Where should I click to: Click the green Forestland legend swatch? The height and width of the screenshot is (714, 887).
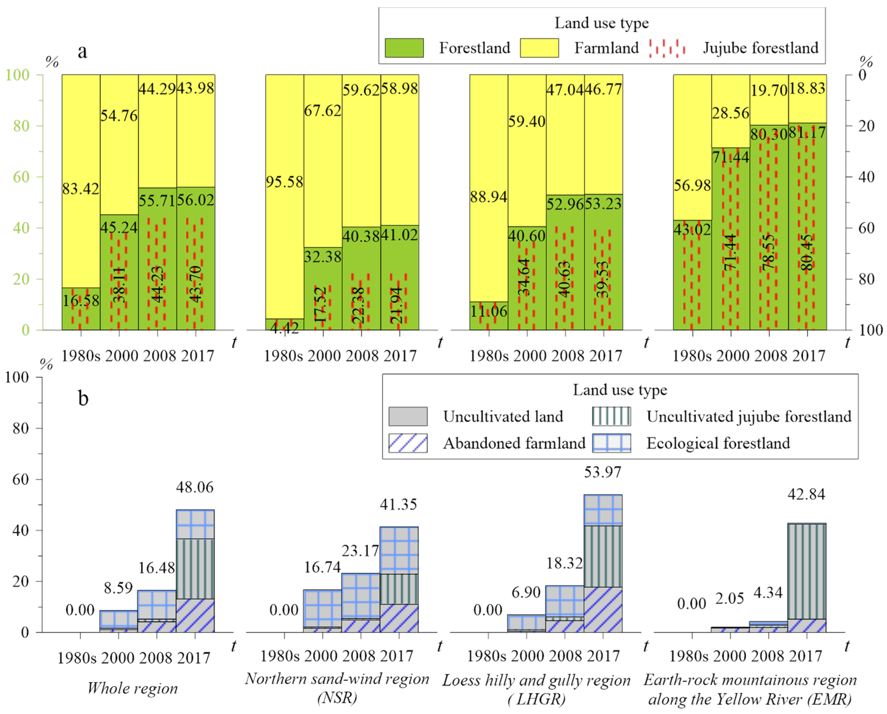(x=404, y=48)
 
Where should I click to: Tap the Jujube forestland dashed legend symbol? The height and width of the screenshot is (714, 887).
(x=667, y=48)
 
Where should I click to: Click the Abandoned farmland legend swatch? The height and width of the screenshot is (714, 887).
(x=408, y=443)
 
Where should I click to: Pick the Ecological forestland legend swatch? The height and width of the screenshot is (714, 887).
(x=611, y=443)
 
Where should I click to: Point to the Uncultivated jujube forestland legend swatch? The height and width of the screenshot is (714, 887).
(x=611, y=416)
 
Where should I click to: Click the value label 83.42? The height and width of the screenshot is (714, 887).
(x=81, y=189)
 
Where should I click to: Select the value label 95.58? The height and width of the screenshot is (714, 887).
(x=284, y=182)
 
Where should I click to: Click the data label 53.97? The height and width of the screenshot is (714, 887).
(x=603, y=472)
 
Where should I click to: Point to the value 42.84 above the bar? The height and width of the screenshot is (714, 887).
(x=806, y=494)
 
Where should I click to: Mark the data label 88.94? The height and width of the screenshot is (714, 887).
(x=488, y=197)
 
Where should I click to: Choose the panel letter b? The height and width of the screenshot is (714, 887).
(x=83, y=398)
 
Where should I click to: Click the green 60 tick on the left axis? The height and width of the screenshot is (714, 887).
(x=21, y=177)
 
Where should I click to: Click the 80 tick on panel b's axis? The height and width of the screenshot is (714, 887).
(x=20, y=428)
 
